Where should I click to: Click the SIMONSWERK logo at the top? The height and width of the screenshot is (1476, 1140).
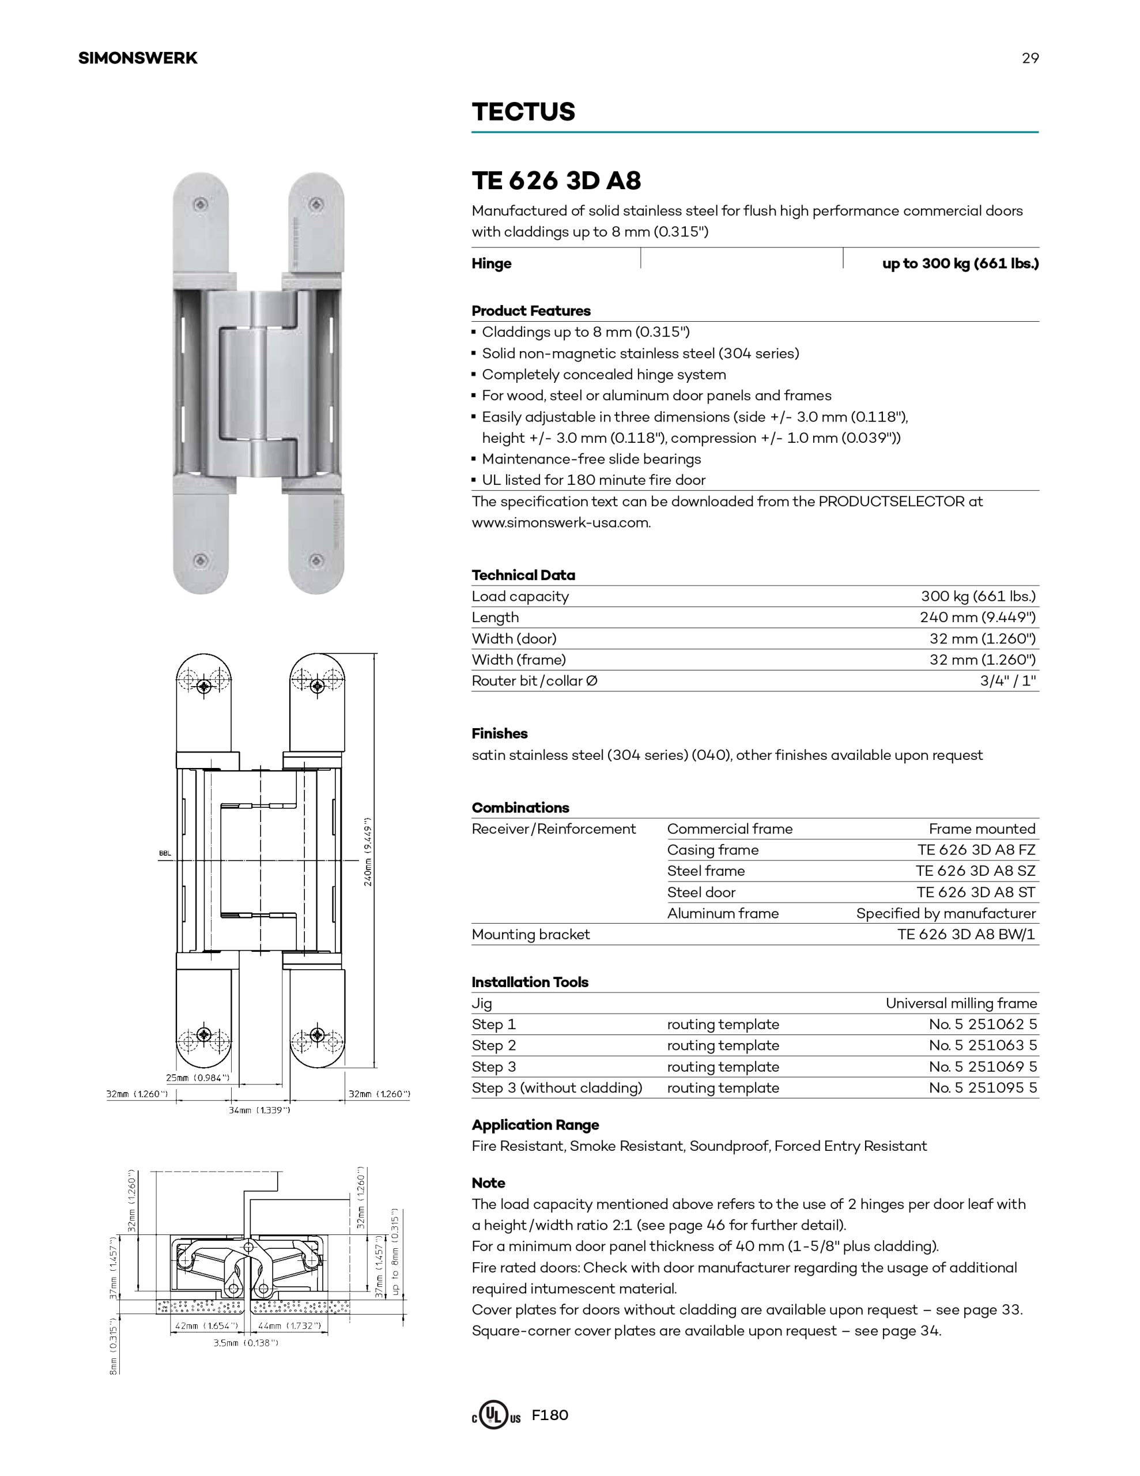138,58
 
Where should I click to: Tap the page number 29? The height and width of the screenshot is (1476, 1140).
1030,58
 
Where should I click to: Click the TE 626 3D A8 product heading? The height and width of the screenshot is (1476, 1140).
556,180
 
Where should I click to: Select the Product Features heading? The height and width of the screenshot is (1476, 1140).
531,311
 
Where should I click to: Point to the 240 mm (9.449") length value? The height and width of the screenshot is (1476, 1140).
977,617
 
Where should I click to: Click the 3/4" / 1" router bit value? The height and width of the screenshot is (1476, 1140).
1007,680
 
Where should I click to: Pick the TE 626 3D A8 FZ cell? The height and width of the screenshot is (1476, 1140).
976,849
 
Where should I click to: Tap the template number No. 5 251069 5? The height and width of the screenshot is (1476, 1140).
983,1067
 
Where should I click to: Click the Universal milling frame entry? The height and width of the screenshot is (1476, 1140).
961,1003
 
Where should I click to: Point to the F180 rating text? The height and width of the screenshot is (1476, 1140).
550,1414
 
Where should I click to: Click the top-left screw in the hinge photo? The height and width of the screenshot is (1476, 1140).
201,204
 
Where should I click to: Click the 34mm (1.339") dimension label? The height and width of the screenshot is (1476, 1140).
259,1110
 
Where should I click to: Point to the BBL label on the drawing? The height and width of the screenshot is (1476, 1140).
165,853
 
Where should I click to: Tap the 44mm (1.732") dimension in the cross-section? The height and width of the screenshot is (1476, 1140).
289,1326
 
